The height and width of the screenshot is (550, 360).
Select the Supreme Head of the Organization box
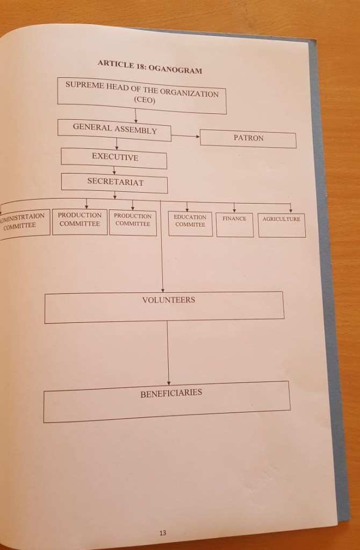coord(141,96)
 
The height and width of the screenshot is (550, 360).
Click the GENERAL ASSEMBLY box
coord(115,129)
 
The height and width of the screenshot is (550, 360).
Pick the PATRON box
coord(248,139)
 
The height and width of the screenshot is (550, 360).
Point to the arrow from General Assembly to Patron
coord(185,136)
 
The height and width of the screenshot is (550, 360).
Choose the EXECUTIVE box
coord(114,158)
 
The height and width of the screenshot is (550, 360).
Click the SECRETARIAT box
coord(114,183)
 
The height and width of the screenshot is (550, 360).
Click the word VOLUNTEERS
coord(168,300)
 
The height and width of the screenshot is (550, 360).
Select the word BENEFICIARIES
coord(171,393)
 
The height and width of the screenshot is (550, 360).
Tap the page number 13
coord(163,534)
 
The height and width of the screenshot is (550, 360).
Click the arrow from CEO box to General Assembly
coord(136,115)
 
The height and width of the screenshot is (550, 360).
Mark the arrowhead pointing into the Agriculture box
coord(291,210)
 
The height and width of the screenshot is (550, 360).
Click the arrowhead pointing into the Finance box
coord(234,209)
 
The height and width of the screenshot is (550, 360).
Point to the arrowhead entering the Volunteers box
coord(162,290)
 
